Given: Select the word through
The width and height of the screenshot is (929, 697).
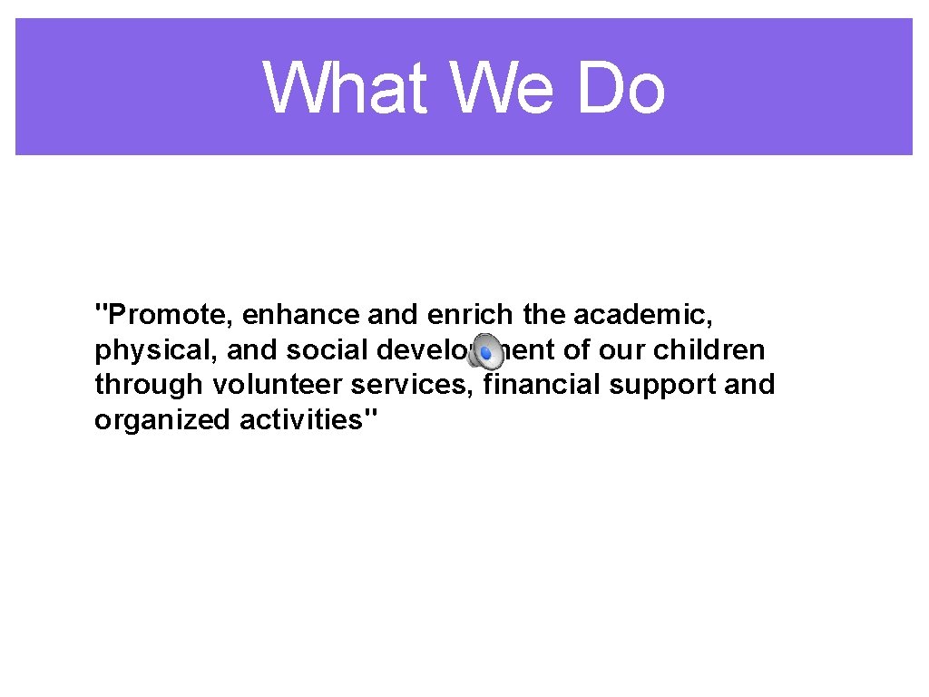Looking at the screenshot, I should (149, 385).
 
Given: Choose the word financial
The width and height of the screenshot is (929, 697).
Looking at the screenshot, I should (542, 385).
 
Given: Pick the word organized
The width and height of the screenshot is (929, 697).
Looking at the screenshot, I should (163, 420).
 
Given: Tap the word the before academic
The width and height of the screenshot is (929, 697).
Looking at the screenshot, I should (544, 315).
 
